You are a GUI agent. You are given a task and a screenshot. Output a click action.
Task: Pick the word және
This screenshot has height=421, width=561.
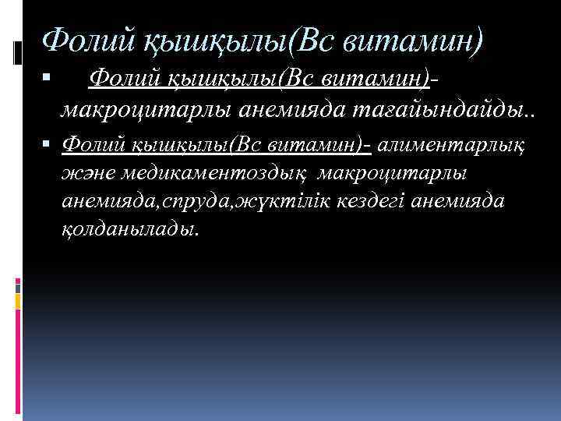[x=87, y=173]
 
